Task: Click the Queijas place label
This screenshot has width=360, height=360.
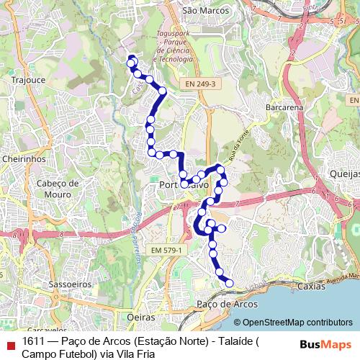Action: coord(343,174)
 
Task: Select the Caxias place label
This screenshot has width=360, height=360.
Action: coord(311,286)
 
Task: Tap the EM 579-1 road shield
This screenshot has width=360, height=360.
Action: coord(168,250)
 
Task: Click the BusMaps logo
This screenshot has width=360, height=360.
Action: coord(325,344)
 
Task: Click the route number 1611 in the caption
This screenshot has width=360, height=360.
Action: coord(35,341)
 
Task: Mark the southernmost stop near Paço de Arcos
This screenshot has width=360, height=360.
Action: coord(230,284)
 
